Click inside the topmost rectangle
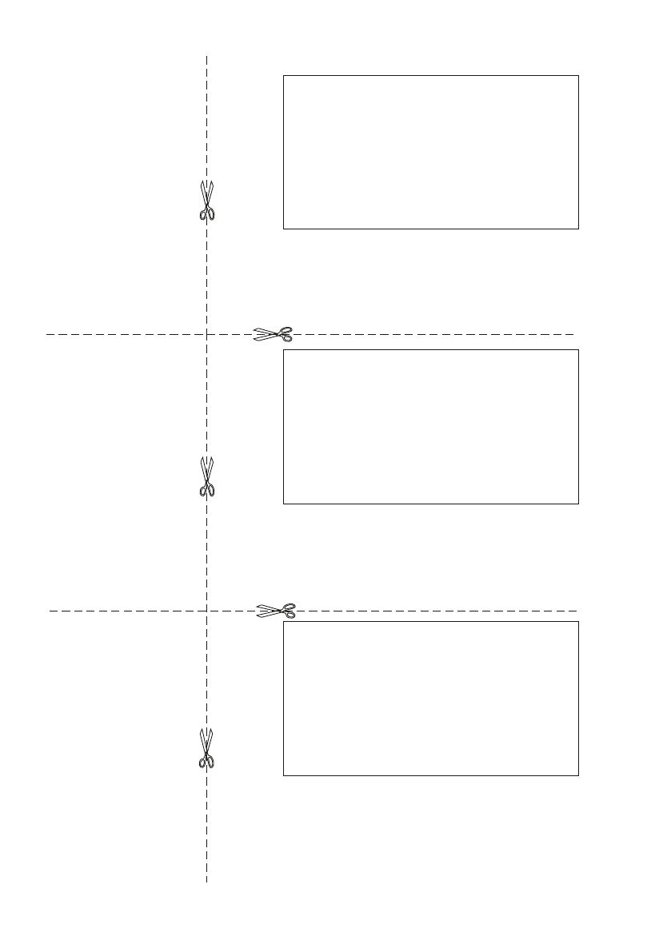point(430,152)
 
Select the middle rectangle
point(430,426)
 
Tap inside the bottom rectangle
point(430,698)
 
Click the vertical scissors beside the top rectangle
point(207,200)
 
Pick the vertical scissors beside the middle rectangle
point(207,476)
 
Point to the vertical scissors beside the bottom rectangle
point(207,749)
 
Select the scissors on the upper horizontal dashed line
point(274,334)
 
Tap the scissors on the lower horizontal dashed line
point(276,611)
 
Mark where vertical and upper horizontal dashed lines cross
point(207,334)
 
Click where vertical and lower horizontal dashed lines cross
point(207,611)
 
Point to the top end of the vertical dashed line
point(207,57)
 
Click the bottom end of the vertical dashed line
point(207,882)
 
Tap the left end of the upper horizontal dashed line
point(46,334)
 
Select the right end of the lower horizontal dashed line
point(577,611)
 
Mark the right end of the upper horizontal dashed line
point(574,334)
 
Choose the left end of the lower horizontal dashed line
point(50,611)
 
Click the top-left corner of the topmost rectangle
point(284,76)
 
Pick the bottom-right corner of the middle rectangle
point(577,504)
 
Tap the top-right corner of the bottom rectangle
point(577,622)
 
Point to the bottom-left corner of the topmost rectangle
point(284,229)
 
